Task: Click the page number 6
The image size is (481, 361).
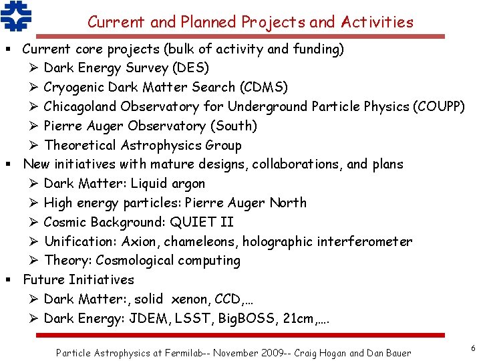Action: coord(472,348)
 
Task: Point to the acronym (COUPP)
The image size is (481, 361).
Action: coord(439,106)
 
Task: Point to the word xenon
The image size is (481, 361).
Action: coord(191,299)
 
